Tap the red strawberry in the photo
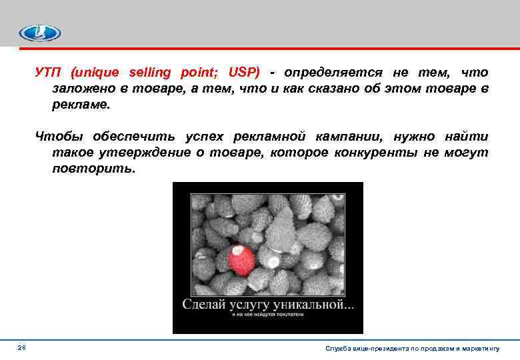pos(241,259)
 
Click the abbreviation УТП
pos(49,72)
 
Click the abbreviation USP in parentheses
pos(245,72)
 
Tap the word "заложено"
pos(79,89)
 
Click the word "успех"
pos(203,137)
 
